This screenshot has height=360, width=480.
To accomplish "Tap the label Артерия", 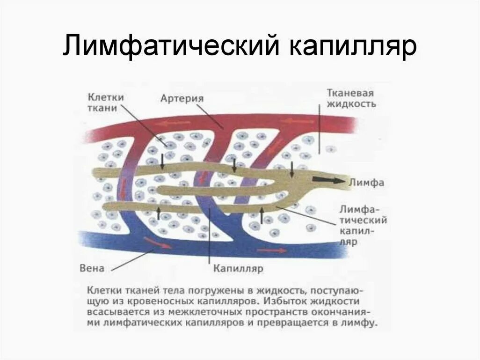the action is [182, 99].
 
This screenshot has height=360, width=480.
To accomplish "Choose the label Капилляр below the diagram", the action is [238, 269].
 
